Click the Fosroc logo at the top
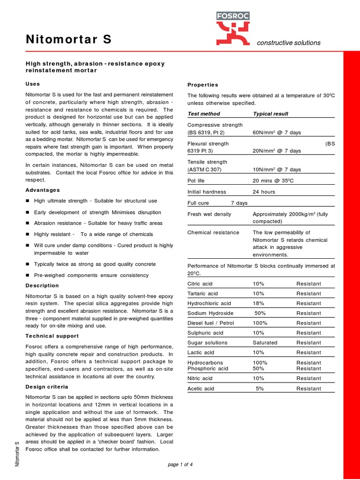[x=233, y=29]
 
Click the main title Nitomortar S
[x=68, y=40]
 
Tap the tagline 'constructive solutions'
[x=288, y=43]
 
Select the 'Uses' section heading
[x=32, y=84]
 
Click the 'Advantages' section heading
[x=43, y=190]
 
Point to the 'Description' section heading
[x=42, y=285]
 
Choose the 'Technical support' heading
[x=52, y=336]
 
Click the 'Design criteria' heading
[x=47, y=387]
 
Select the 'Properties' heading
[x=202, y=85]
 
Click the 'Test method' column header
[x=203, y=114]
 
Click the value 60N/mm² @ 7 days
[x=277, y=133]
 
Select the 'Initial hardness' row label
[x=207, y=192]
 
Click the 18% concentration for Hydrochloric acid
[x=259, y=303]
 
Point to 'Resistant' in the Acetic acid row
[x=308, y=389]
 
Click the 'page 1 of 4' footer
[x=180, y=465]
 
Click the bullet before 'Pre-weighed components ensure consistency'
[x=28, y=275]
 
